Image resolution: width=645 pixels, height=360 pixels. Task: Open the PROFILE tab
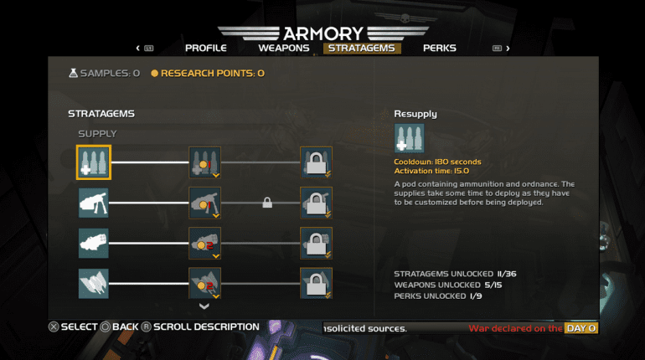click(x=206, y=48)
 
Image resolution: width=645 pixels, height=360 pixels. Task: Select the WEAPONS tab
click(x=284, y=48)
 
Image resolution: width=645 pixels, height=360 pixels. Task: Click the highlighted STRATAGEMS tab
click(x=362, y=48)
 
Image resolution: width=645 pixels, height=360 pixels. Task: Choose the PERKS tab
click(x=439, y=48)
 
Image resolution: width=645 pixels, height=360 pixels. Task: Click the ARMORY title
click(x=323, y=33)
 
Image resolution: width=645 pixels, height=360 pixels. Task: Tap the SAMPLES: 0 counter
click(x=105, y=73)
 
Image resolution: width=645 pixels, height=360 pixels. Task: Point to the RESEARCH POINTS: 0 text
click(x=208, y=73)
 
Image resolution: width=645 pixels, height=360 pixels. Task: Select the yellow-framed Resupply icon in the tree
click(x=94, y=162)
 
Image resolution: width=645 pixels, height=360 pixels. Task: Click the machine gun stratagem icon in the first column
click(x=94, y=203)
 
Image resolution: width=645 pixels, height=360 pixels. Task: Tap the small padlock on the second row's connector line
click(x=267, y=203)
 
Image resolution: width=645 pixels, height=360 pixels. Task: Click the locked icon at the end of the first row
click(x=316, y=162)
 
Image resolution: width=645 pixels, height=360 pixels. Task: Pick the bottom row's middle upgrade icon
click(x=205, y=283)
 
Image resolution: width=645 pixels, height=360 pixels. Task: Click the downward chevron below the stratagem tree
click(x=204, y=306)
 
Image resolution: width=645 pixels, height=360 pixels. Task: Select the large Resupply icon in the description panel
click(x=409, y=138)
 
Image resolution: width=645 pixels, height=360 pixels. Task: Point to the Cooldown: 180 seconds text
click(x=437, y=162)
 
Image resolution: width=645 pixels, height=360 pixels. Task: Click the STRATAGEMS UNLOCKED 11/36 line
click(x=455, y=274)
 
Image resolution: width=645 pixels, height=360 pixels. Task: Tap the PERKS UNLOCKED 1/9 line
click(x=437, y=296)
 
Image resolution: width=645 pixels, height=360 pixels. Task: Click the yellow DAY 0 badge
click(x=580, y=328)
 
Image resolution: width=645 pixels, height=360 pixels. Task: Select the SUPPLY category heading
click(x=97, y=134)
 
